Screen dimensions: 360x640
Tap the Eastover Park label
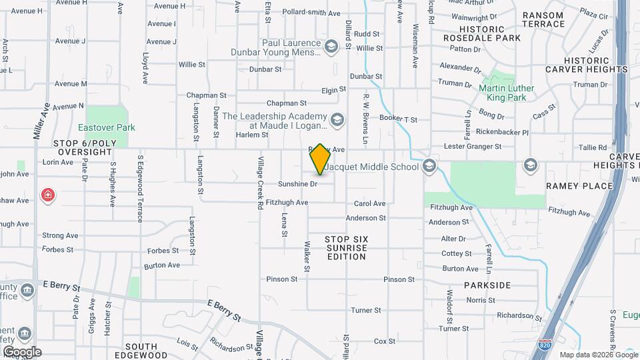(x=107, y=127)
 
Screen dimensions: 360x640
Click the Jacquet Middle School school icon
(x=429, y=166)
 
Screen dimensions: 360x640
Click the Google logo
(x=22, y=351)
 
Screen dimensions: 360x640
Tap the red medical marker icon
(x=48, y=195)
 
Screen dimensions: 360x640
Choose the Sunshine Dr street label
(x=297, y=184)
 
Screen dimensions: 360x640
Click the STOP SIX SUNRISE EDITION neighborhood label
(x=346, y=247)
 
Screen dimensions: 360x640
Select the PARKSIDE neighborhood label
(x=488, y=285)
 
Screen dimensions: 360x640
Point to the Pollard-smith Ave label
(x=311, y=13)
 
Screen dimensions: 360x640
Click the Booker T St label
(x=398, y=119)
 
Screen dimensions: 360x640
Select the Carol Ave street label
(x=369, y=203)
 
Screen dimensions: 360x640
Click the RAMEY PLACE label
(x=569, y=185)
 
